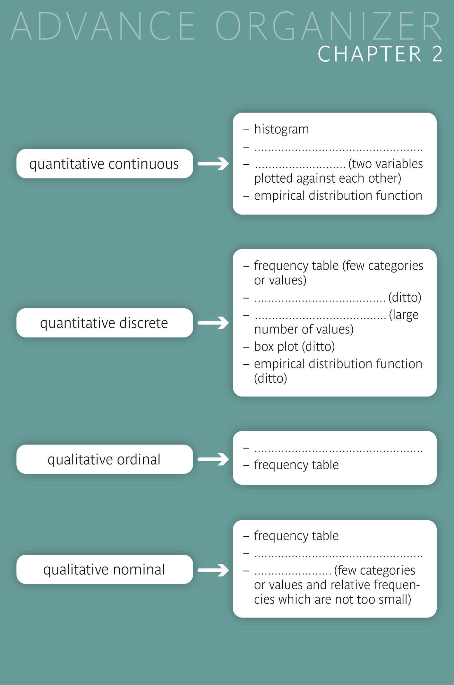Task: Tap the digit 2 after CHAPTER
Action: tap(437, 54)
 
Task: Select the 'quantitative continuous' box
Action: tap(105, 164)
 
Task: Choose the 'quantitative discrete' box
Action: tap(105, 323)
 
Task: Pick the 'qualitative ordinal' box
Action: tap(105, 459)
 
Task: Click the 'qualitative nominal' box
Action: tap(105, 569)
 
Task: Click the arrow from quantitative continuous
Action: tap(213, 164)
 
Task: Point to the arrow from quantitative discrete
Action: tap(213, 323)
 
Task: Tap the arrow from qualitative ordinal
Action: tap(213, 459)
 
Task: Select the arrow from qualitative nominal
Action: tap(213, 570)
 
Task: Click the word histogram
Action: tap(281, 129)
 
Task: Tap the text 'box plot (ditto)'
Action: tap(294, 347)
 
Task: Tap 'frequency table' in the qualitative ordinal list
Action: tap(296, 465)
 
